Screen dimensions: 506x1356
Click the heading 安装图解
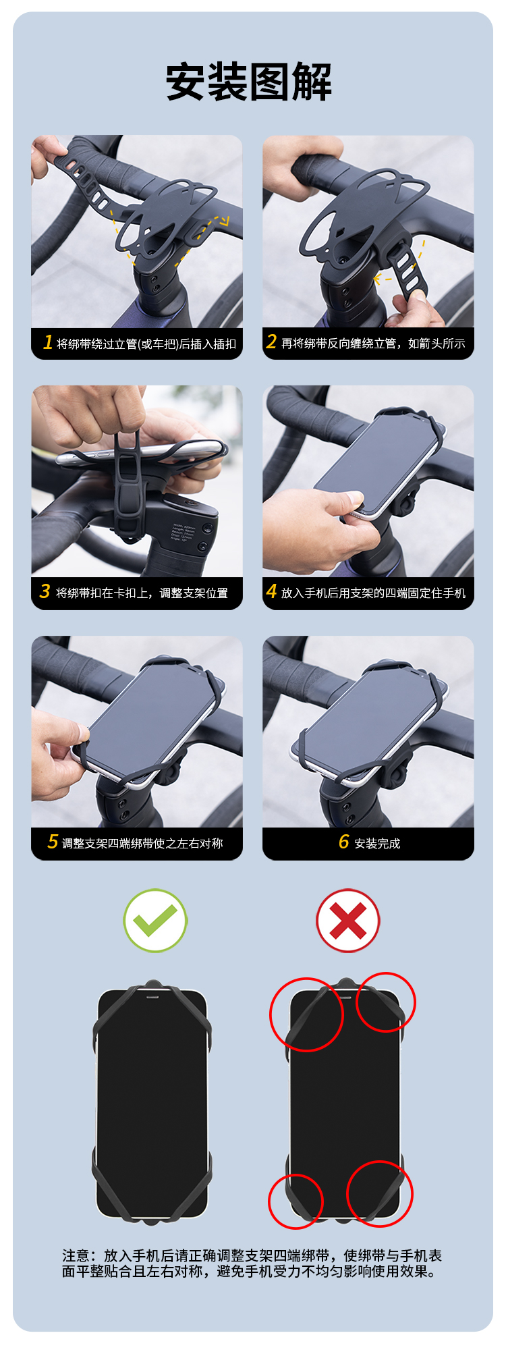point(249,82)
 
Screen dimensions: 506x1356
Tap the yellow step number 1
point(48,342)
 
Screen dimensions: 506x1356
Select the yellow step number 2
point(271,342)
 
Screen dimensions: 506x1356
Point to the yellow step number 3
point(45,591)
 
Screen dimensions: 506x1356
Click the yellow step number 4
point(272,591)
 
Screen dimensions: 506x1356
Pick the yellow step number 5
point(53,842)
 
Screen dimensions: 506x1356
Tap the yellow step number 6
point(344,842)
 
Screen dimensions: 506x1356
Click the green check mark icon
point(155,921)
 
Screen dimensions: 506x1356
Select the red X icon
point(348,921)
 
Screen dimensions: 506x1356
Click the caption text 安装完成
point(377,843)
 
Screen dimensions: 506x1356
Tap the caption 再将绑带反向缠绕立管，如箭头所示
point(373,344)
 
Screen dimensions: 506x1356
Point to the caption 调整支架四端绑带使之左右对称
point(142,843)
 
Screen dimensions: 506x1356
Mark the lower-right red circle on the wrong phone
point(380,1162)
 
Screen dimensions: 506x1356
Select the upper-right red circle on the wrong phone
point(386,973)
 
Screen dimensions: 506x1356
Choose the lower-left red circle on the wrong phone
point(296,1175)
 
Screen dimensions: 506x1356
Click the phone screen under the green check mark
point(152,1104)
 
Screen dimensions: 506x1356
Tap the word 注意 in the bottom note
point(76,1255)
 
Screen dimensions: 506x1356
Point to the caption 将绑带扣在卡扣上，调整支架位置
point(142,593)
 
